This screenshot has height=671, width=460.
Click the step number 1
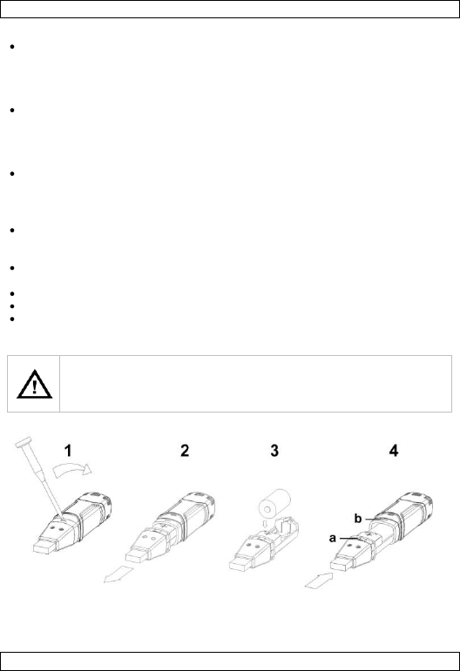pyautogui.click(x=68, y=451)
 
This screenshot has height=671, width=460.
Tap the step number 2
pyautogui.click(x=185, y=451)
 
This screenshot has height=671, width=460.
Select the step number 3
pyautogui.click(x=274, y=451)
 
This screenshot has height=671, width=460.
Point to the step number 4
pyautogui.click(x=394, y=451)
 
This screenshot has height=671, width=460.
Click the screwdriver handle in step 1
pyautogui.click(x=24, y=442)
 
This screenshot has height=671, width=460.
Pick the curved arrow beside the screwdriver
pyautogui.click(x=72, y=468)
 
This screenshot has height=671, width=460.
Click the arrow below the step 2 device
pyautogui.click(x=119, y=574)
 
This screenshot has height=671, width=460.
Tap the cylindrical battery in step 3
pyautogui.click(x=275, y=502)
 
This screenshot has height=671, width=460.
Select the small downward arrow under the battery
pyautogui.click(x=265, y=523)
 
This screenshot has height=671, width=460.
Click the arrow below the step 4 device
pyautogui.click(x=319, y=580)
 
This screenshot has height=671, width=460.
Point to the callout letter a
pyautogui.click(x=333, y=539)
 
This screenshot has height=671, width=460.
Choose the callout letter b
pyautogui.click(x=358, y=519)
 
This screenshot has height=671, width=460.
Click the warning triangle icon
pyautogui.click(x=34, y=385)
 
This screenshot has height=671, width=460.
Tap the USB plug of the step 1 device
pyautogui.click(x=44, y=547)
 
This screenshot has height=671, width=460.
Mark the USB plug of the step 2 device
pyautogui.click(x=137, y=555)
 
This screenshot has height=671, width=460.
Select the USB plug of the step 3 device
pyautogui.click(x=240, y=564)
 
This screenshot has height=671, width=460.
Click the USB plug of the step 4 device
pyautogui.click(x=342, y=563)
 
